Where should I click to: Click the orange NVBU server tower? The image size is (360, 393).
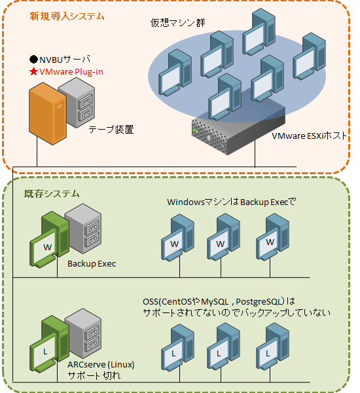click(48, 113)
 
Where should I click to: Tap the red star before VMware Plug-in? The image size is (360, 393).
click(33, 71)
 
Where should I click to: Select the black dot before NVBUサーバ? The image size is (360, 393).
click(33, 60)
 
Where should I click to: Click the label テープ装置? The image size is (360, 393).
click(111, 130)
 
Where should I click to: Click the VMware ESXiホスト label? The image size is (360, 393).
click(310, 136)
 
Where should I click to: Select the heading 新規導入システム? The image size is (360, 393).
click(67, 16)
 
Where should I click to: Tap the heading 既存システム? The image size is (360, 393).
click(52, 194)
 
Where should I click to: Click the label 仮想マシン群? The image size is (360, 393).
click(178, 23)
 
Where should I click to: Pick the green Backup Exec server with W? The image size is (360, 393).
click(49, 240)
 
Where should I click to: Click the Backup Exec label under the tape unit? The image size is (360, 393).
click(92, 264)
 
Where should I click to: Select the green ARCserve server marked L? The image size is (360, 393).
click(49, 344)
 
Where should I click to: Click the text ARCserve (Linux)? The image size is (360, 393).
click(101, 364)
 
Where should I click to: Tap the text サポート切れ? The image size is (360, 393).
click(94, 375)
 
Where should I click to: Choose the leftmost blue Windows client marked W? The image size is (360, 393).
click(177, 238)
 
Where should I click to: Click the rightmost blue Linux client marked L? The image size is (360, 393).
click(272, 346)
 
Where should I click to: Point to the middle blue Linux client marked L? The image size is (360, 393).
click(223, 346)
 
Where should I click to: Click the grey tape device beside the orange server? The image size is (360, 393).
click(77, 103)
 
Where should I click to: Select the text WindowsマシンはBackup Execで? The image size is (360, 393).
click(232, 202)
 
